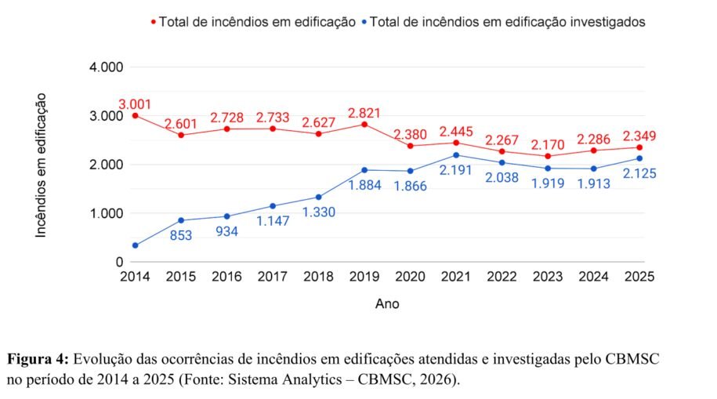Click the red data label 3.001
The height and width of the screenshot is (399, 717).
pyautogui.click(x=135, y=104)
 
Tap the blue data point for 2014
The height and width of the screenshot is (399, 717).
pyautogui.click(x=135, y=245)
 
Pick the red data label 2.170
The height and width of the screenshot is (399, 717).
pyautogui.click(x=548, y=145)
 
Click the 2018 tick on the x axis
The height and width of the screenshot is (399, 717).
pyautogui.click(x=318, y=277)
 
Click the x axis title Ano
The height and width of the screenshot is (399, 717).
pyautogui.click(x=387, y=303)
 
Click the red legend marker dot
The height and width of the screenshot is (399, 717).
pyautogui.click(x=153, y=23)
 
